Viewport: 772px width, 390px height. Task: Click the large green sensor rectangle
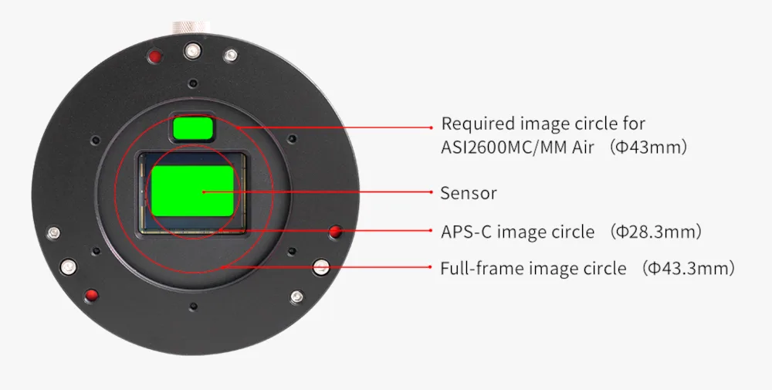(x=192, y=191)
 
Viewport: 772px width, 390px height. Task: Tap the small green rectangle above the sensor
(x=193, y=127)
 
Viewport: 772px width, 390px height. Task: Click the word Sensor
(x=469, y=193)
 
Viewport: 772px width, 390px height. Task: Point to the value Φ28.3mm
(x=655, y=232)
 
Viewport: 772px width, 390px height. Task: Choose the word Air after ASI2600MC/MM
(x=584, y=148)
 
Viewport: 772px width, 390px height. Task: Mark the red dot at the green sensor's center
(x=203, y=192)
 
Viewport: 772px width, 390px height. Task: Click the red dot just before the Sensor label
(x=432, y=192)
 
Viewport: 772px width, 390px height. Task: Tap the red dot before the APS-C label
(x=432, y=230)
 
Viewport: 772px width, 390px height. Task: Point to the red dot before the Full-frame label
(x=432, y=267)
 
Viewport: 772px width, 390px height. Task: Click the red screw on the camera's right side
(x=336, y=232)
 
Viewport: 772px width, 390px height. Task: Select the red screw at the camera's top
(x=155, y=56)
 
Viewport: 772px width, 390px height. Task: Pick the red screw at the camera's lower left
(x=91, y=296)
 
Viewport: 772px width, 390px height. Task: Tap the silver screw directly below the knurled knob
(x=192, y=51)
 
